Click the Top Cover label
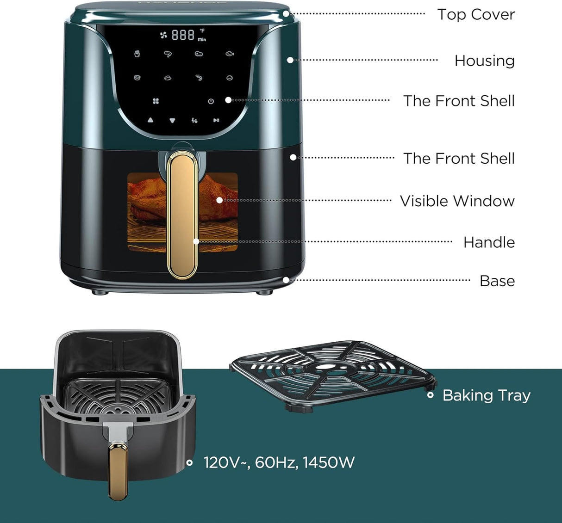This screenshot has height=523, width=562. pos(475,14)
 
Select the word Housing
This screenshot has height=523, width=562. pos(484,61)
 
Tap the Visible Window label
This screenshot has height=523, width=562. pos(457,201)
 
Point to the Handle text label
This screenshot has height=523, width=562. pos(489,242)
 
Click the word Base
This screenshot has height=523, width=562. pos(497,281)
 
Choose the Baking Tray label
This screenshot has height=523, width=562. pos(486,395)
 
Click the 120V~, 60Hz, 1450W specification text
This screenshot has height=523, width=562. pos(279,462)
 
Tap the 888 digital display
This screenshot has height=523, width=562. pos(183,35)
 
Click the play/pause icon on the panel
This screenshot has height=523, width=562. pos(216,120)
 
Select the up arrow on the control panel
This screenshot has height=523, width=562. pos(150,120)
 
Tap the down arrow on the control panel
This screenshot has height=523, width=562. pos(172,120)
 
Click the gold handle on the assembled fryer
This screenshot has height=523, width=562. pos(182,215)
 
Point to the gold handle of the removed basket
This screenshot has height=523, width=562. pos(118,469)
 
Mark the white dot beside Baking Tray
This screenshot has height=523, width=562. pos(431,395)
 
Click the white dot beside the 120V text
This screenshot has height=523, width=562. pos(189,462)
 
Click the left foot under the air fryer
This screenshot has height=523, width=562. pos(100,292)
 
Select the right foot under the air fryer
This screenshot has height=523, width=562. pos(264,292)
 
